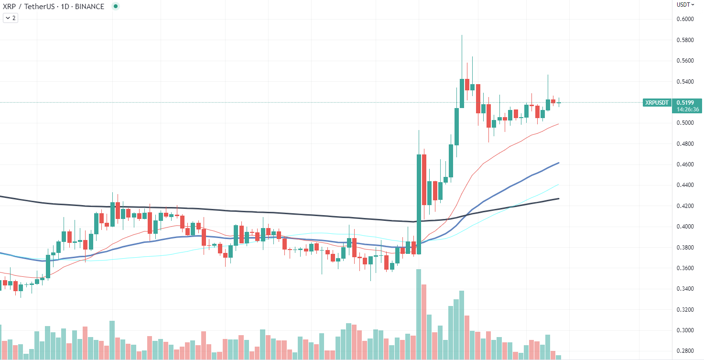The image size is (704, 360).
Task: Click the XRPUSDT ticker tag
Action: [x=657, y=103]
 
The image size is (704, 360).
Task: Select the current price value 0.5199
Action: [x=688, y=102]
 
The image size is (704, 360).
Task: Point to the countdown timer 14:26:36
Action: [x=688, y=109]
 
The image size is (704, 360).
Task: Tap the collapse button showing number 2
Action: [x=11, y=18]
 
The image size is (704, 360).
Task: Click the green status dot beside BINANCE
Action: [x=115, y=7]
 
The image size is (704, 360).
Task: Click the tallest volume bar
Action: [x=419, y=313]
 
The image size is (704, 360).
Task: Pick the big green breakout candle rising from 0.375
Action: [x=419, y=203]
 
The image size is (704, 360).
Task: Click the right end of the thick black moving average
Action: [x=559, y=198]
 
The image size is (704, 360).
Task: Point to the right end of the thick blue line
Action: [x=559, y=163]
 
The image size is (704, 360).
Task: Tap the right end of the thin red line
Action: [x=559, y=124]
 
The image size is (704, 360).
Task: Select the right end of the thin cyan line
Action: [x=559, y=185]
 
